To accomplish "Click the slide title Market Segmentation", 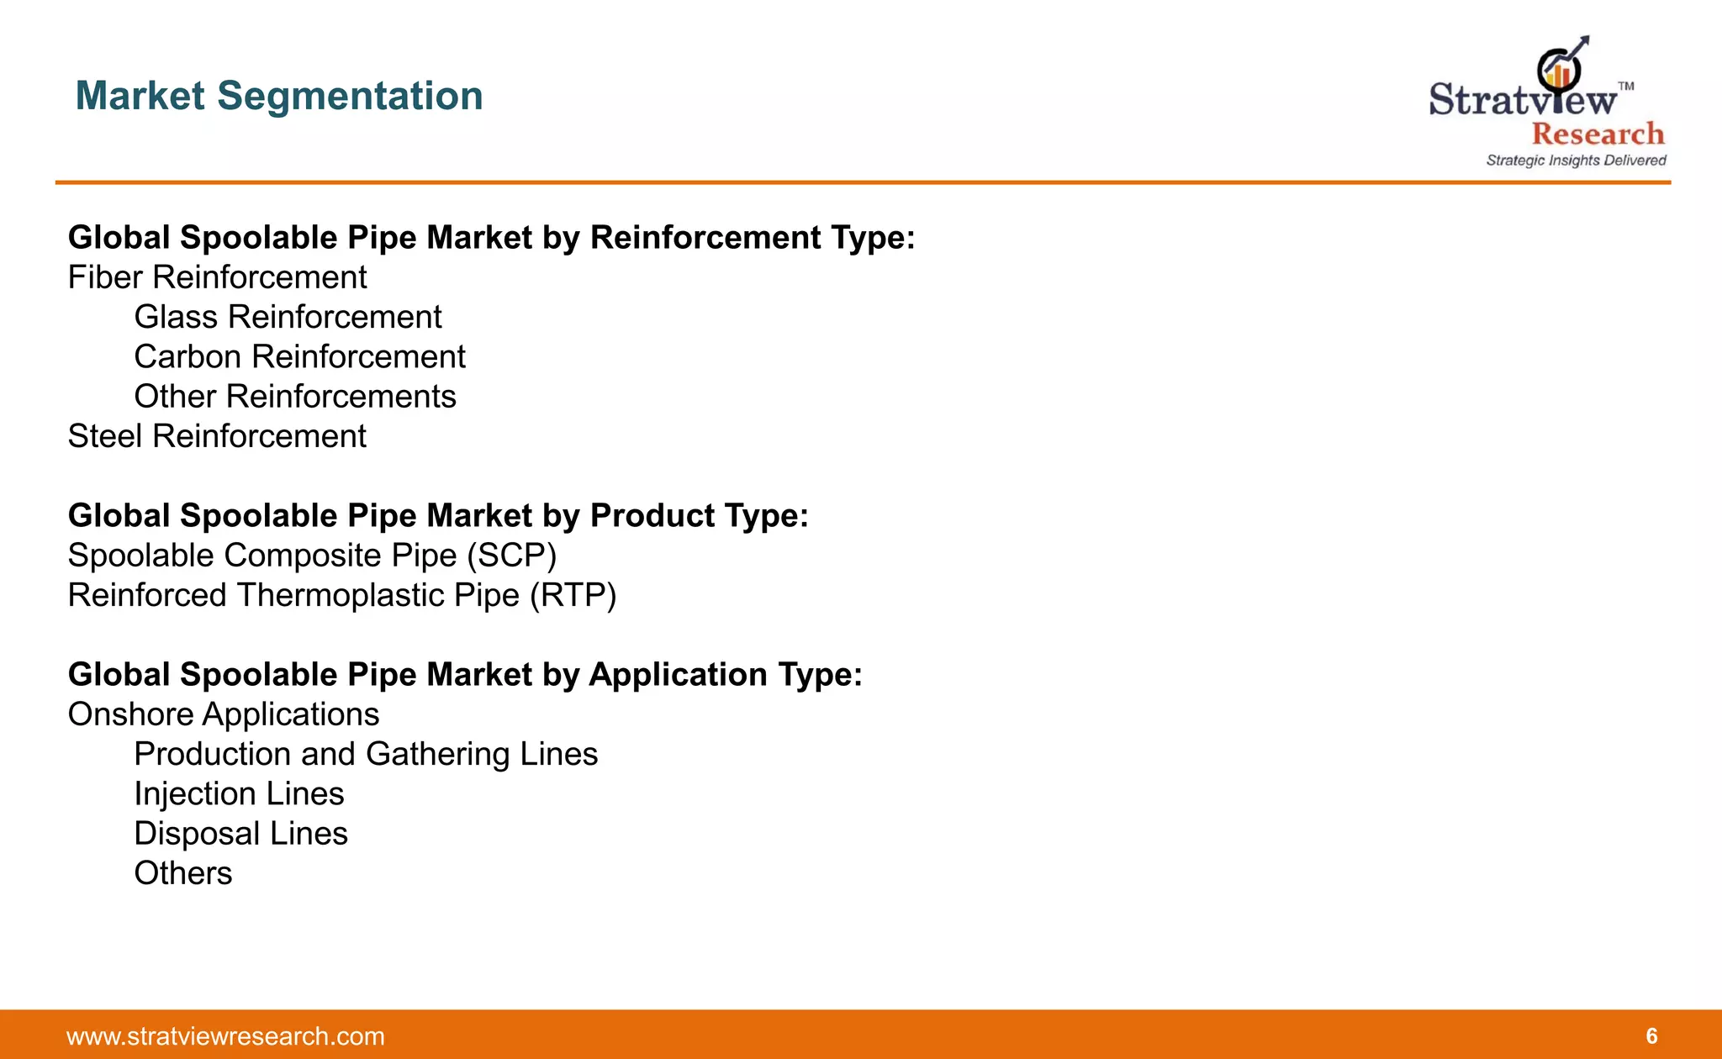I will click(279, 96).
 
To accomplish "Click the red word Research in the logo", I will click(1598, 134).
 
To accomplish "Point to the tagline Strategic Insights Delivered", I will click(1576, 161).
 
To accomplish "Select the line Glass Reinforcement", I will click(288, 318).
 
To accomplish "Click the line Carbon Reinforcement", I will click(299, 357).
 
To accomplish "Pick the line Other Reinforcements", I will click(295, 397).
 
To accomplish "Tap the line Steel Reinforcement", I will click(217, 437).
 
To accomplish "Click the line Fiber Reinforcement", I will click(217, 278).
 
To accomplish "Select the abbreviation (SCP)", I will click(512, 556).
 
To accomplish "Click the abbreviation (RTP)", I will click(573, 596).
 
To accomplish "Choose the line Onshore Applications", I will click(224, 715).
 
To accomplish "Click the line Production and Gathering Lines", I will click(366, 755).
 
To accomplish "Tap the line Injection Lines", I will click(239, 794).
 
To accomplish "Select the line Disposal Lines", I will click(240, 834).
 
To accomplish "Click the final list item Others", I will click(183, 873).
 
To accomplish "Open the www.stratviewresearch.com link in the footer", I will click(225, 1036).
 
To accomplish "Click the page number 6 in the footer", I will click(1651, 1036).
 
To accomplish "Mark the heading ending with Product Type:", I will click(438, 516).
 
